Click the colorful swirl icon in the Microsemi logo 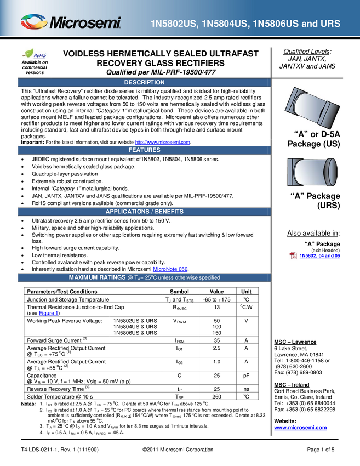(x=34, y=22)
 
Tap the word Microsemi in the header (x=85, y=23)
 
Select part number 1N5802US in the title (x=174, y=24)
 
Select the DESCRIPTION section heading (x=144, y=82)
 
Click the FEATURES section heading (x=144, y=150)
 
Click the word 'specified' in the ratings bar (x=207, y=277)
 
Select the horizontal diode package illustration (x=312, y=172)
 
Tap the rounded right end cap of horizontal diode (x=330, y=172)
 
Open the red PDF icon (x=294, y=255)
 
